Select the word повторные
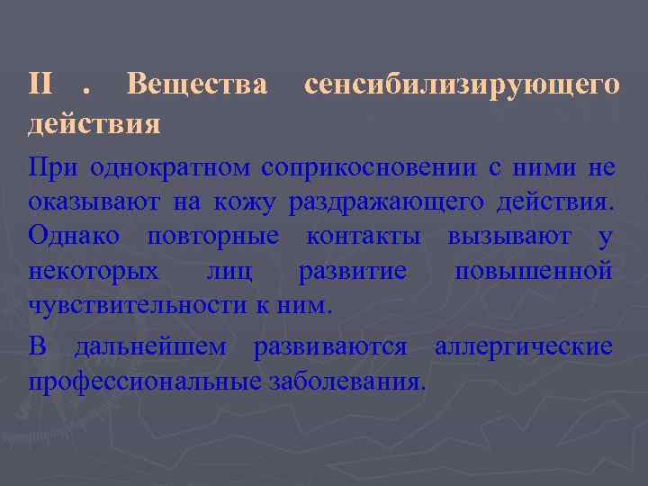[x=212, y=238]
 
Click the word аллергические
[x=524, y=346]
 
